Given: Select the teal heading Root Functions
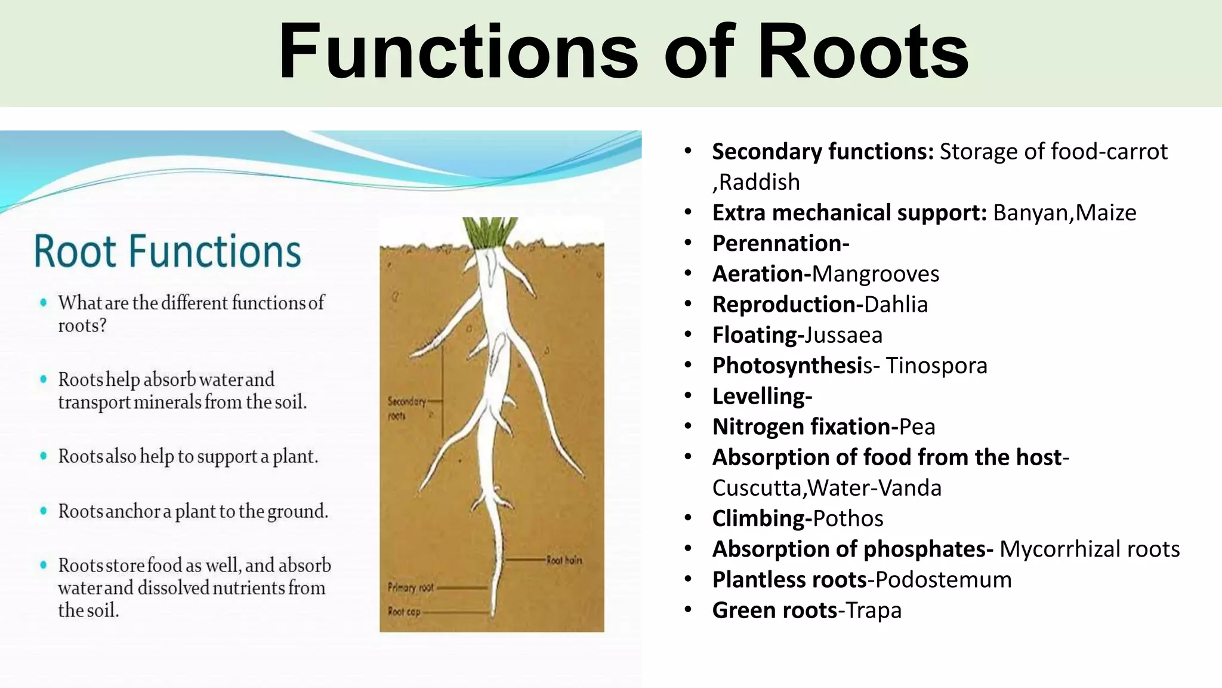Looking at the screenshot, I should (168, 251).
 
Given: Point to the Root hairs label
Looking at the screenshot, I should (564, 560).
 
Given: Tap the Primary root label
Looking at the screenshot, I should (411, 587).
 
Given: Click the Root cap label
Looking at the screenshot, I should (404, 612).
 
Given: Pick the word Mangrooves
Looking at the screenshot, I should (875, 274).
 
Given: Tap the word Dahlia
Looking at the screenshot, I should (896, 305).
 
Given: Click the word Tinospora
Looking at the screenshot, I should (936, 365).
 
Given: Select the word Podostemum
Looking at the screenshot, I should (943, 580).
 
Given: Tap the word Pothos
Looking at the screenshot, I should (848, 518).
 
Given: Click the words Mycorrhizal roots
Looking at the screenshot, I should (1090, 549).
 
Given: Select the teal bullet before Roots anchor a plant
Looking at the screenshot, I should (43, 511).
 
